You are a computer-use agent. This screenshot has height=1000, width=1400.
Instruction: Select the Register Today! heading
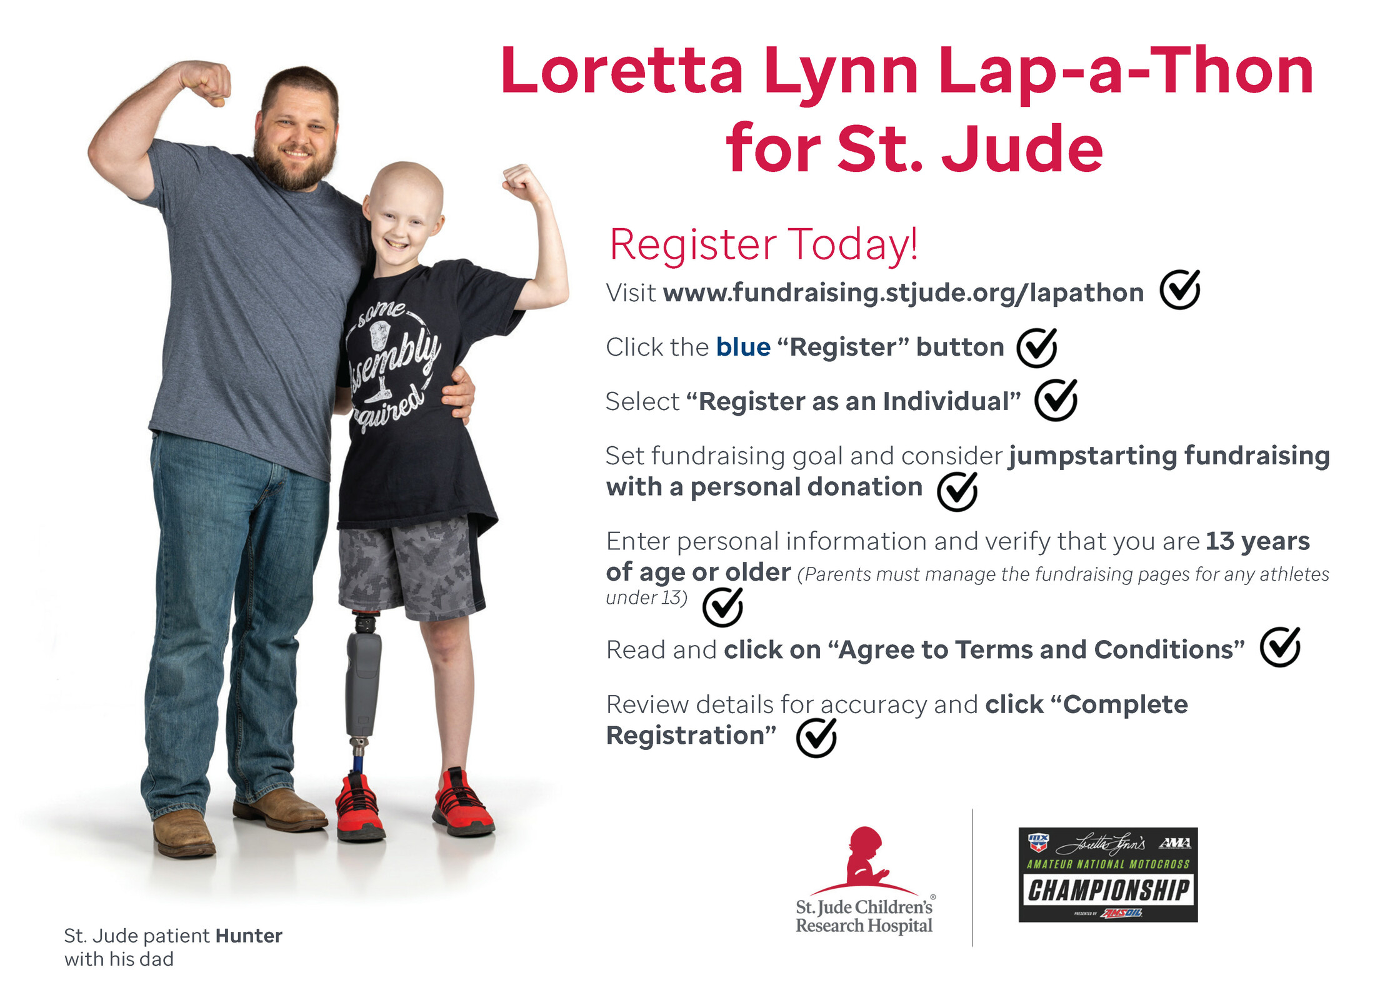point(763,244)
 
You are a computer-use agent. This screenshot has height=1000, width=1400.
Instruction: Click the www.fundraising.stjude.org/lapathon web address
point(903,292)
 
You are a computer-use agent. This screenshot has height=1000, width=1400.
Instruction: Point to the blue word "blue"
point(743,347)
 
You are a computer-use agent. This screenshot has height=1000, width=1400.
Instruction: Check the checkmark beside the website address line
point(1180,289)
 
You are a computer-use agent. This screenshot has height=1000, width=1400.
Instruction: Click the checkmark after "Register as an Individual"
point(1056,400)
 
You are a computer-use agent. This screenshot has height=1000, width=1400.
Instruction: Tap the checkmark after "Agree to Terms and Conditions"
point(1280,647)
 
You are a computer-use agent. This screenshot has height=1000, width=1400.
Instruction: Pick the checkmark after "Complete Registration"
point(816,737)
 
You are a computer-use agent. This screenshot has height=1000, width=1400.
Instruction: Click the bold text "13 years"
point(1257,541)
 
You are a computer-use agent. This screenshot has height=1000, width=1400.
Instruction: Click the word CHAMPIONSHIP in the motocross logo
point(1108,890)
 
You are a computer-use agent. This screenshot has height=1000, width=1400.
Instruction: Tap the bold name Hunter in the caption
point(249,936)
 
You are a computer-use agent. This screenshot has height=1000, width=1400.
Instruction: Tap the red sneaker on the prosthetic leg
point(360,807)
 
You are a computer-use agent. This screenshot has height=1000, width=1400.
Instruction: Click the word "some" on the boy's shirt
point(381,312)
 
